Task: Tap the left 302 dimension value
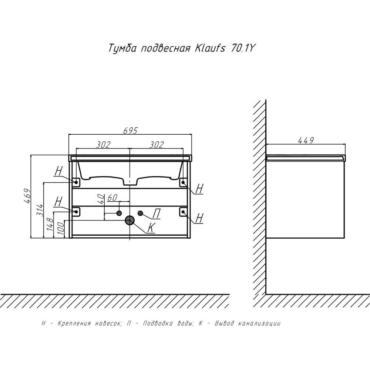click(103, 144)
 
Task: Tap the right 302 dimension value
click(157, 144)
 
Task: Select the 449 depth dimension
click(306, 140)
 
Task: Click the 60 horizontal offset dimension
click(112, 198)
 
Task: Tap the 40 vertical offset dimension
click(101, 199)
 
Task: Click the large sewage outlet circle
click(129, 221)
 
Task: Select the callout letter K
click(151, 228)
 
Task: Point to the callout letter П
click(156, 213)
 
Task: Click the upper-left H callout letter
click(58, 171)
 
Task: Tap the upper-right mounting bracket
click(183, 182)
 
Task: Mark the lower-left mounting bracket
click(76, 211)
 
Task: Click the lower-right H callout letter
click(199, 218)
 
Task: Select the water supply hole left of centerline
click(119, 213)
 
